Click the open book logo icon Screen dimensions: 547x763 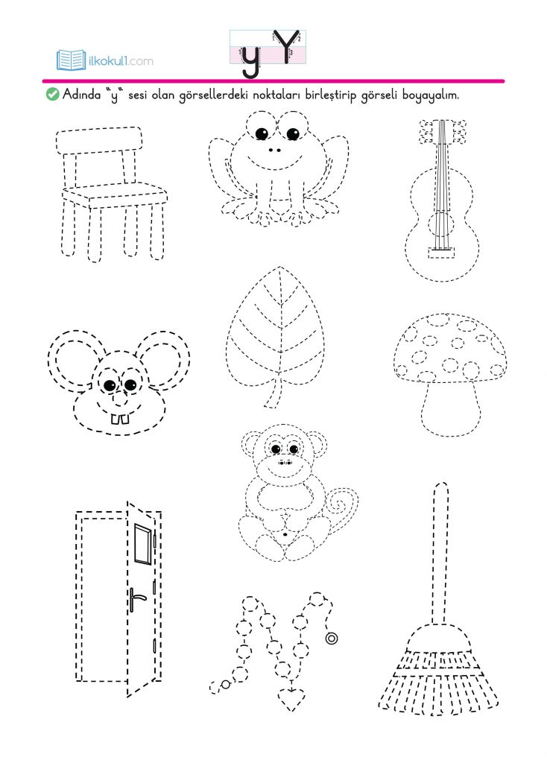click(x=72, y=60)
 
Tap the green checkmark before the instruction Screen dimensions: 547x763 click(x=52, y=94)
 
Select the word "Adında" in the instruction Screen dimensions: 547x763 click(x=82, y=94)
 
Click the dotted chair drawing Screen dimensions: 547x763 click(x=112, y=194)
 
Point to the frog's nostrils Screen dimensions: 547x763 click(x=274, y=151)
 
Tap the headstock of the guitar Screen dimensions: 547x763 click(x=442, y=131)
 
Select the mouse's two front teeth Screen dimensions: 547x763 click(x=120, y=419)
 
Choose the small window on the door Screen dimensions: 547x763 click(x=143, y=544)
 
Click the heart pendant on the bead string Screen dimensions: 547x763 click(x=291, y=698)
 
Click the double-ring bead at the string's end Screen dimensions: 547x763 click(x=332, y=638)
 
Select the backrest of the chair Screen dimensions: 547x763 click(x=99, y=139)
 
